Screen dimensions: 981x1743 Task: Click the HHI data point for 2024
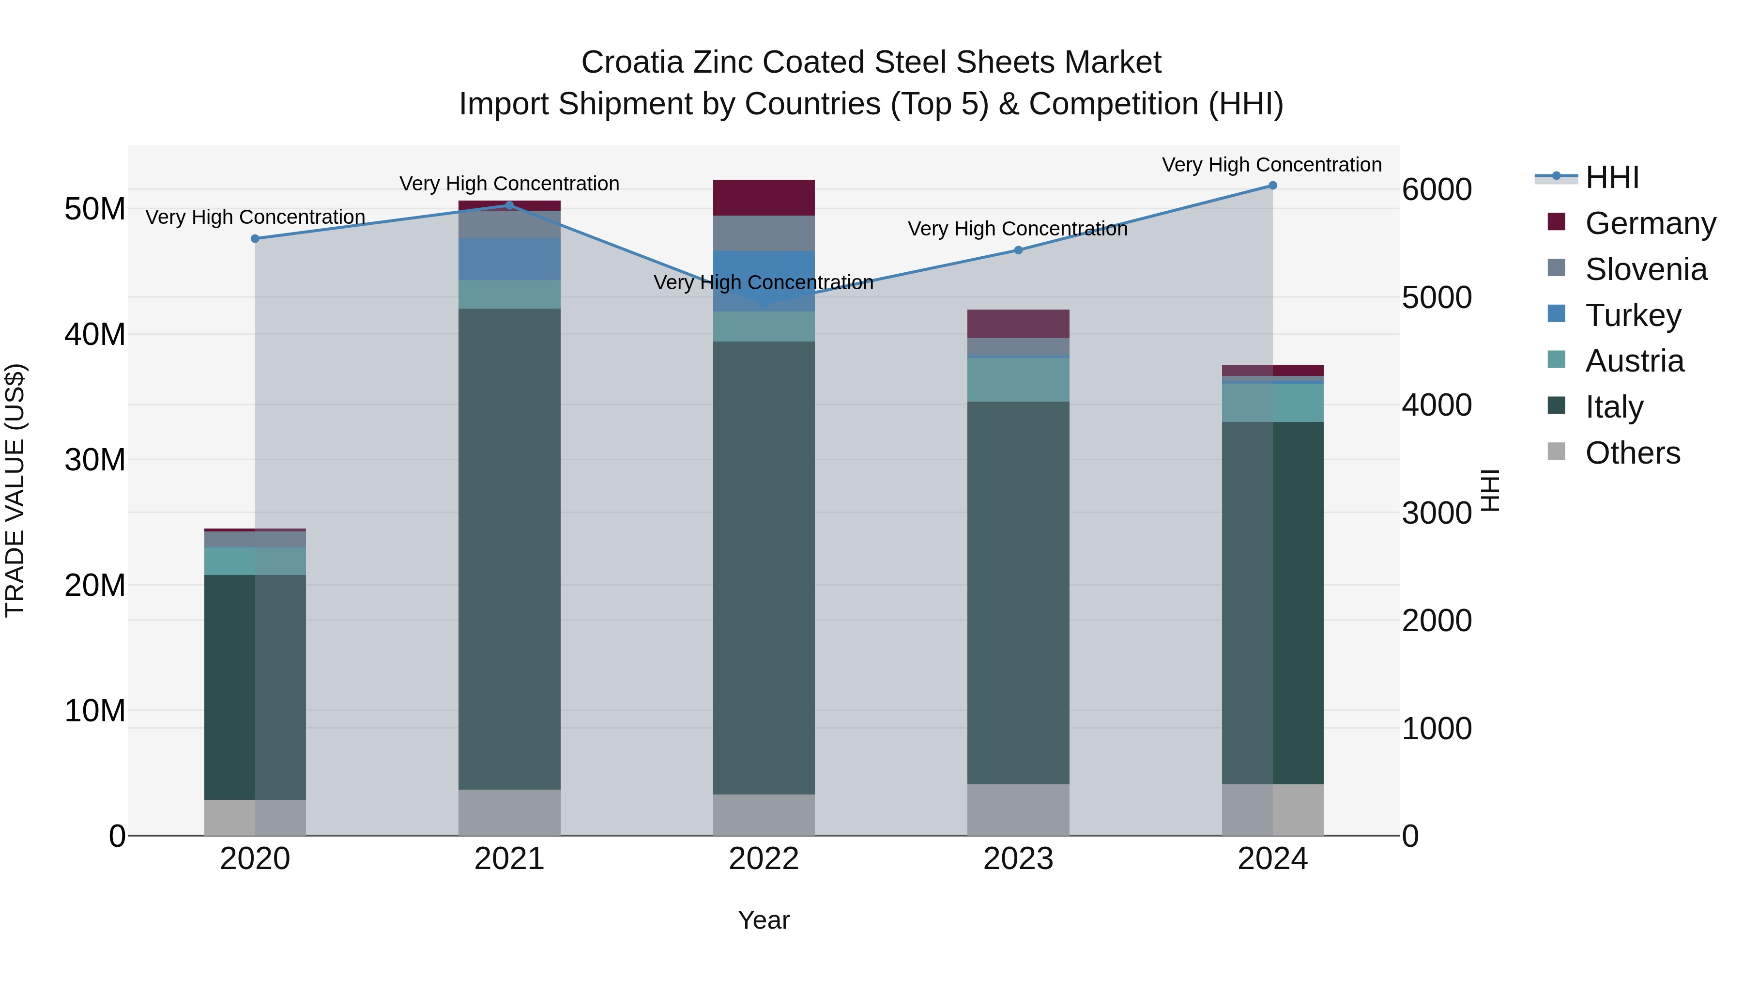[x=1272, y=186]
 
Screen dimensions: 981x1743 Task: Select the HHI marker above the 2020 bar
[x=255, y=239]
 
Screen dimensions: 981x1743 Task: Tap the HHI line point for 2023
[x=1018, y=250]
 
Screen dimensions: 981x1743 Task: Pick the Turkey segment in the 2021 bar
[x=509, y=259]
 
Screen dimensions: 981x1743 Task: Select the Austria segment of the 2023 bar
[x=1018, y=380]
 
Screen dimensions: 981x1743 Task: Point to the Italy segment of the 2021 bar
[x=509, y=548]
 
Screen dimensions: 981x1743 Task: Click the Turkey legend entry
[x=1632, y=315]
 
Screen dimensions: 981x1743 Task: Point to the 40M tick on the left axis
[x=95, y=334]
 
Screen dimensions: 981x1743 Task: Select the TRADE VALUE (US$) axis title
[x=15, y=490]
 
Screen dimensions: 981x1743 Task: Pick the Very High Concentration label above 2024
[x=1271, y=165]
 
